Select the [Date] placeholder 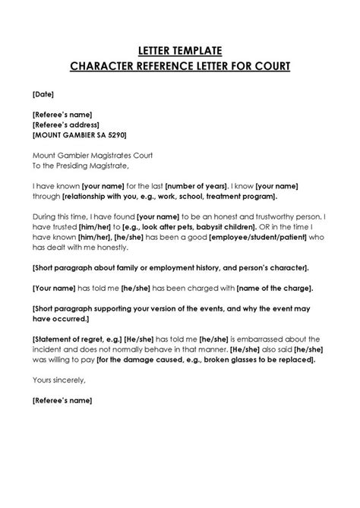[44, 95]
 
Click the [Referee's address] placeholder [66, 125]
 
